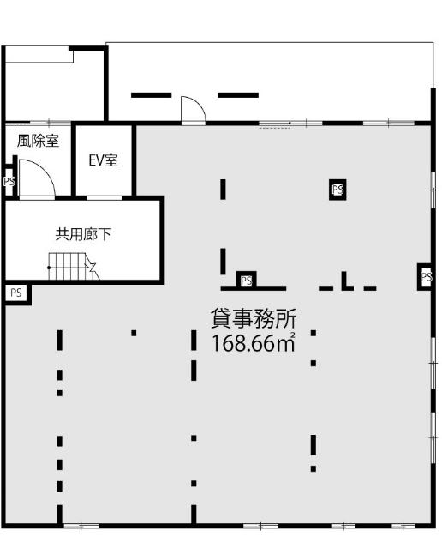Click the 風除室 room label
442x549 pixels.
click(x=39, y=142)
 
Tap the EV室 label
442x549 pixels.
click(x=104, y=160)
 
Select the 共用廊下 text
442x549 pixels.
click(x=84, y=232)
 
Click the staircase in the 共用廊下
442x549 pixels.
click(x=69, y=267)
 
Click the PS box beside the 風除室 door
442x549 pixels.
click(x=9, y=182)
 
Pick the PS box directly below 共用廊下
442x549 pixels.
click(x=15, y=293)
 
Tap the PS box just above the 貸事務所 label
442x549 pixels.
click(x=247, y=280)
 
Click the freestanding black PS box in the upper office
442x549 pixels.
click(x=337, y=190)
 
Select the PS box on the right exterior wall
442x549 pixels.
click(x=426, y=277)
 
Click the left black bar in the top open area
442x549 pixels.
click(x=151, y=94)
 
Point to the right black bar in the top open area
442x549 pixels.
click(x=238, y=94)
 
